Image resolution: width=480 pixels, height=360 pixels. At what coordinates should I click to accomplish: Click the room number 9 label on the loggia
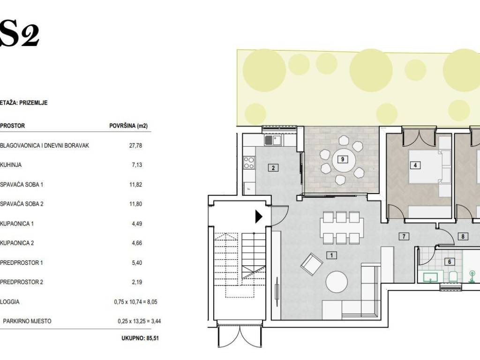343,159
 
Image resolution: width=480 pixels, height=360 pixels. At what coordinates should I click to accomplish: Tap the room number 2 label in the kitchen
273,168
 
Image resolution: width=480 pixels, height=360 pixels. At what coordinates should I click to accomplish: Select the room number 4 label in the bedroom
415,165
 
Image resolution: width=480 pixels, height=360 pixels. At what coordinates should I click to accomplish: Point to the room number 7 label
404,236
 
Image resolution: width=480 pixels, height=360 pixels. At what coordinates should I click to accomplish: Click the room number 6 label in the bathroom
450,262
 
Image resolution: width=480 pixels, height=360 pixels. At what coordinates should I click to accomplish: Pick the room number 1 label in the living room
331,255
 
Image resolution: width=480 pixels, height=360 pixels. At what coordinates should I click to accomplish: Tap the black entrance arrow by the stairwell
259,217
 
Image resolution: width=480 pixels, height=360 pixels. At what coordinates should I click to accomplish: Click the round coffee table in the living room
337,282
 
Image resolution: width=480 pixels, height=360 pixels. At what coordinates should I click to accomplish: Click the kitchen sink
273,141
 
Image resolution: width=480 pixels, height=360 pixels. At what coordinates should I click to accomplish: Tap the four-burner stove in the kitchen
248,163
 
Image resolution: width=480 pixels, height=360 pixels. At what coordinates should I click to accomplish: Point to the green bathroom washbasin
430,277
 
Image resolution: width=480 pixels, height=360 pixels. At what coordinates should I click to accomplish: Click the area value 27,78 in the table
135,145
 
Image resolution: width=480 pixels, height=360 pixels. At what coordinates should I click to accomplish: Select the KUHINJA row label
11,165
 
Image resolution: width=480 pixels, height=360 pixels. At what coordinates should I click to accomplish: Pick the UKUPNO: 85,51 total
140,338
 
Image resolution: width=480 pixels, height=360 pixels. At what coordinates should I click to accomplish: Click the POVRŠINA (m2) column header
128,126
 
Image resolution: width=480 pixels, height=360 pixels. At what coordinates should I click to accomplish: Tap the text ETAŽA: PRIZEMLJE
24,103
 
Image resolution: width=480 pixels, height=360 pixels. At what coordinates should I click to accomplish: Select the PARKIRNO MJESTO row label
27,321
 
